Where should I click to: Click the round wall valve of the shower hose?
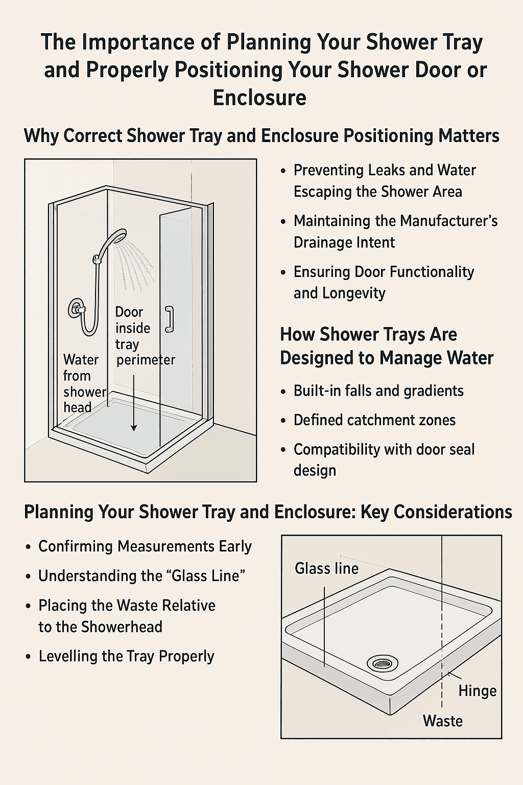tap(77, 309)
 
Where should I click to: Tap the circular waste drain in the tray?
tap(383, 663)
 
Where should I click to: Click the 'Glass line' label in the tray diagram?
tap(326, 568)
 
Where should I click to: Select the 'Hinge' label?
tap(477, 691)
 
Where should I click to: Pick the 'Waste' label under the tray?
tap(442, 721)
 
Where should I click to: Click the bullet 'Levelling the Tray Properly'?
tap(126, 656)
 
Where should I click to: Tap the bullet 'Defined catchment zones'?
tap(374, 420)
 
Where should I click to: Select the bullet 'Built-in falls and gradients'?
tap(378, 391)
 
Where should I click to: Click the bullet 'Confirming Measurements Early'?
tap(145, 546)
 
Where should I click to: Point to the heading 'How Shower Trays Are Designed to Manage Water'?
tap(386, 346)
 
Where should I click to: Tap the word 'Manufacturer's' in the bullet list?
tap(448, 221)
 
